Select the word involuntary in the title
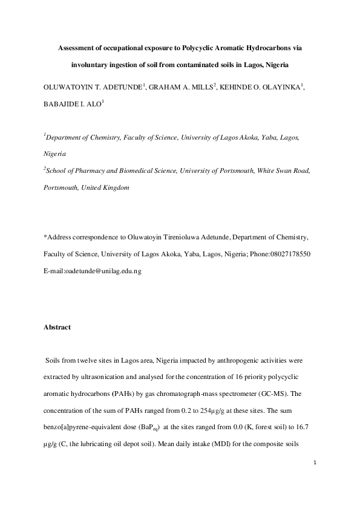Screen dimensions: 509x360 91,65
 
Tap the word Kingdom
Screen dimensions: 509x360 115,187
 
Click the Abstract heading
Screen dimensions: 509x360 57,327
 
